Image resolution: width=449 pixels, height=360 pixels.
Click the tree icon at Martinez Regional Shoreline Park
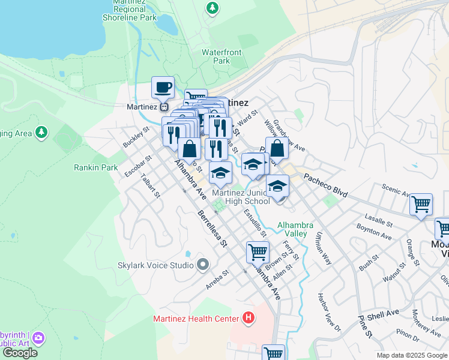(212, 8)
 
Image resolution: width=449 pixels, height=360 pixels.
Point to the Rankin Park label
(96, 167)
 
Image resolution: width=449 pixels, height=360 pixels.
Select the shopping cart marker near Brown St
(258, 252)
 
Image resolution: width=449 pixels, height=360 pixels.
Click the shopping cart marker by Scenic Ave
(421, 204)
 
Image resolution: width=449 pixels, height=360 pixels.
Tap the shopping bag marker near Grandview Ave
(277, 148)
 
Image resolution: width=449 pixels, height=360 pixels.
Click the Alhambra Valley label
(295, 229)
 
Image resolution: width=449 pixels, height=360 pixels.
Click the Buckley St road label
(136, 137)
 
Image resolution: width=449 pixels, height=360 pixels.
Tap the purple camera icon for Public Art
(39, 338)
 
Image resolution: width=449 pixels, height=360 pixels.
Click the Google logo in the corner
(20, 352)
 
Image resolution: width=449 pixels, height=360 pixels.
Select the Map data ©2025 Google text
(411, 355)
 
